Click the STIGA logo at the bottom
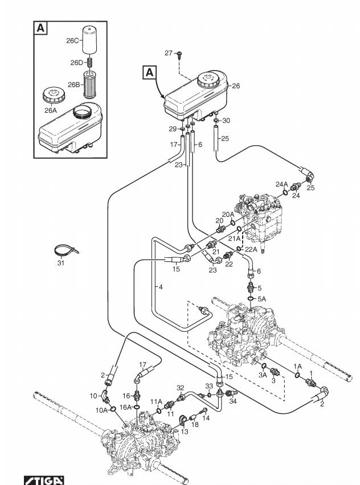click(44, 480)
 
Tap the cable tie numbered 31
click(66, 250)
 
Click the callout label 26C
click(73, 40)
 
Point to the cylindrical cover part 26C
click(89, 41)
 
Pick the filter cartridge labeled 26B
click(91, 84)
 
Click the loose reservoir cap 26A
click(54, 95)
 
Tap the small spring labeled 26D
click(89, 63)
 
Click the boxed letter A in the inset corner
click(40, 28)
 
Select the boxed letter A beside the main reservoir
click(149, 72)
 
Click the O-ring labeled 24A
click(285, 193)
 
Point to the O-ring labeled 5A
click(250, 299)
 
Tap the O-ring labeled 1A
click(297, 375)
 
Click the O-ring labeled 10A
click(113, 409)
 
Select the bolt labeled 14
click(203, 411)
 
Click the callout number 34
click(233, 401)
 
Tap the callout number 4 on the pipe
click(160, 287)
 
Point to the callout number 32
click(180, 388)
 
